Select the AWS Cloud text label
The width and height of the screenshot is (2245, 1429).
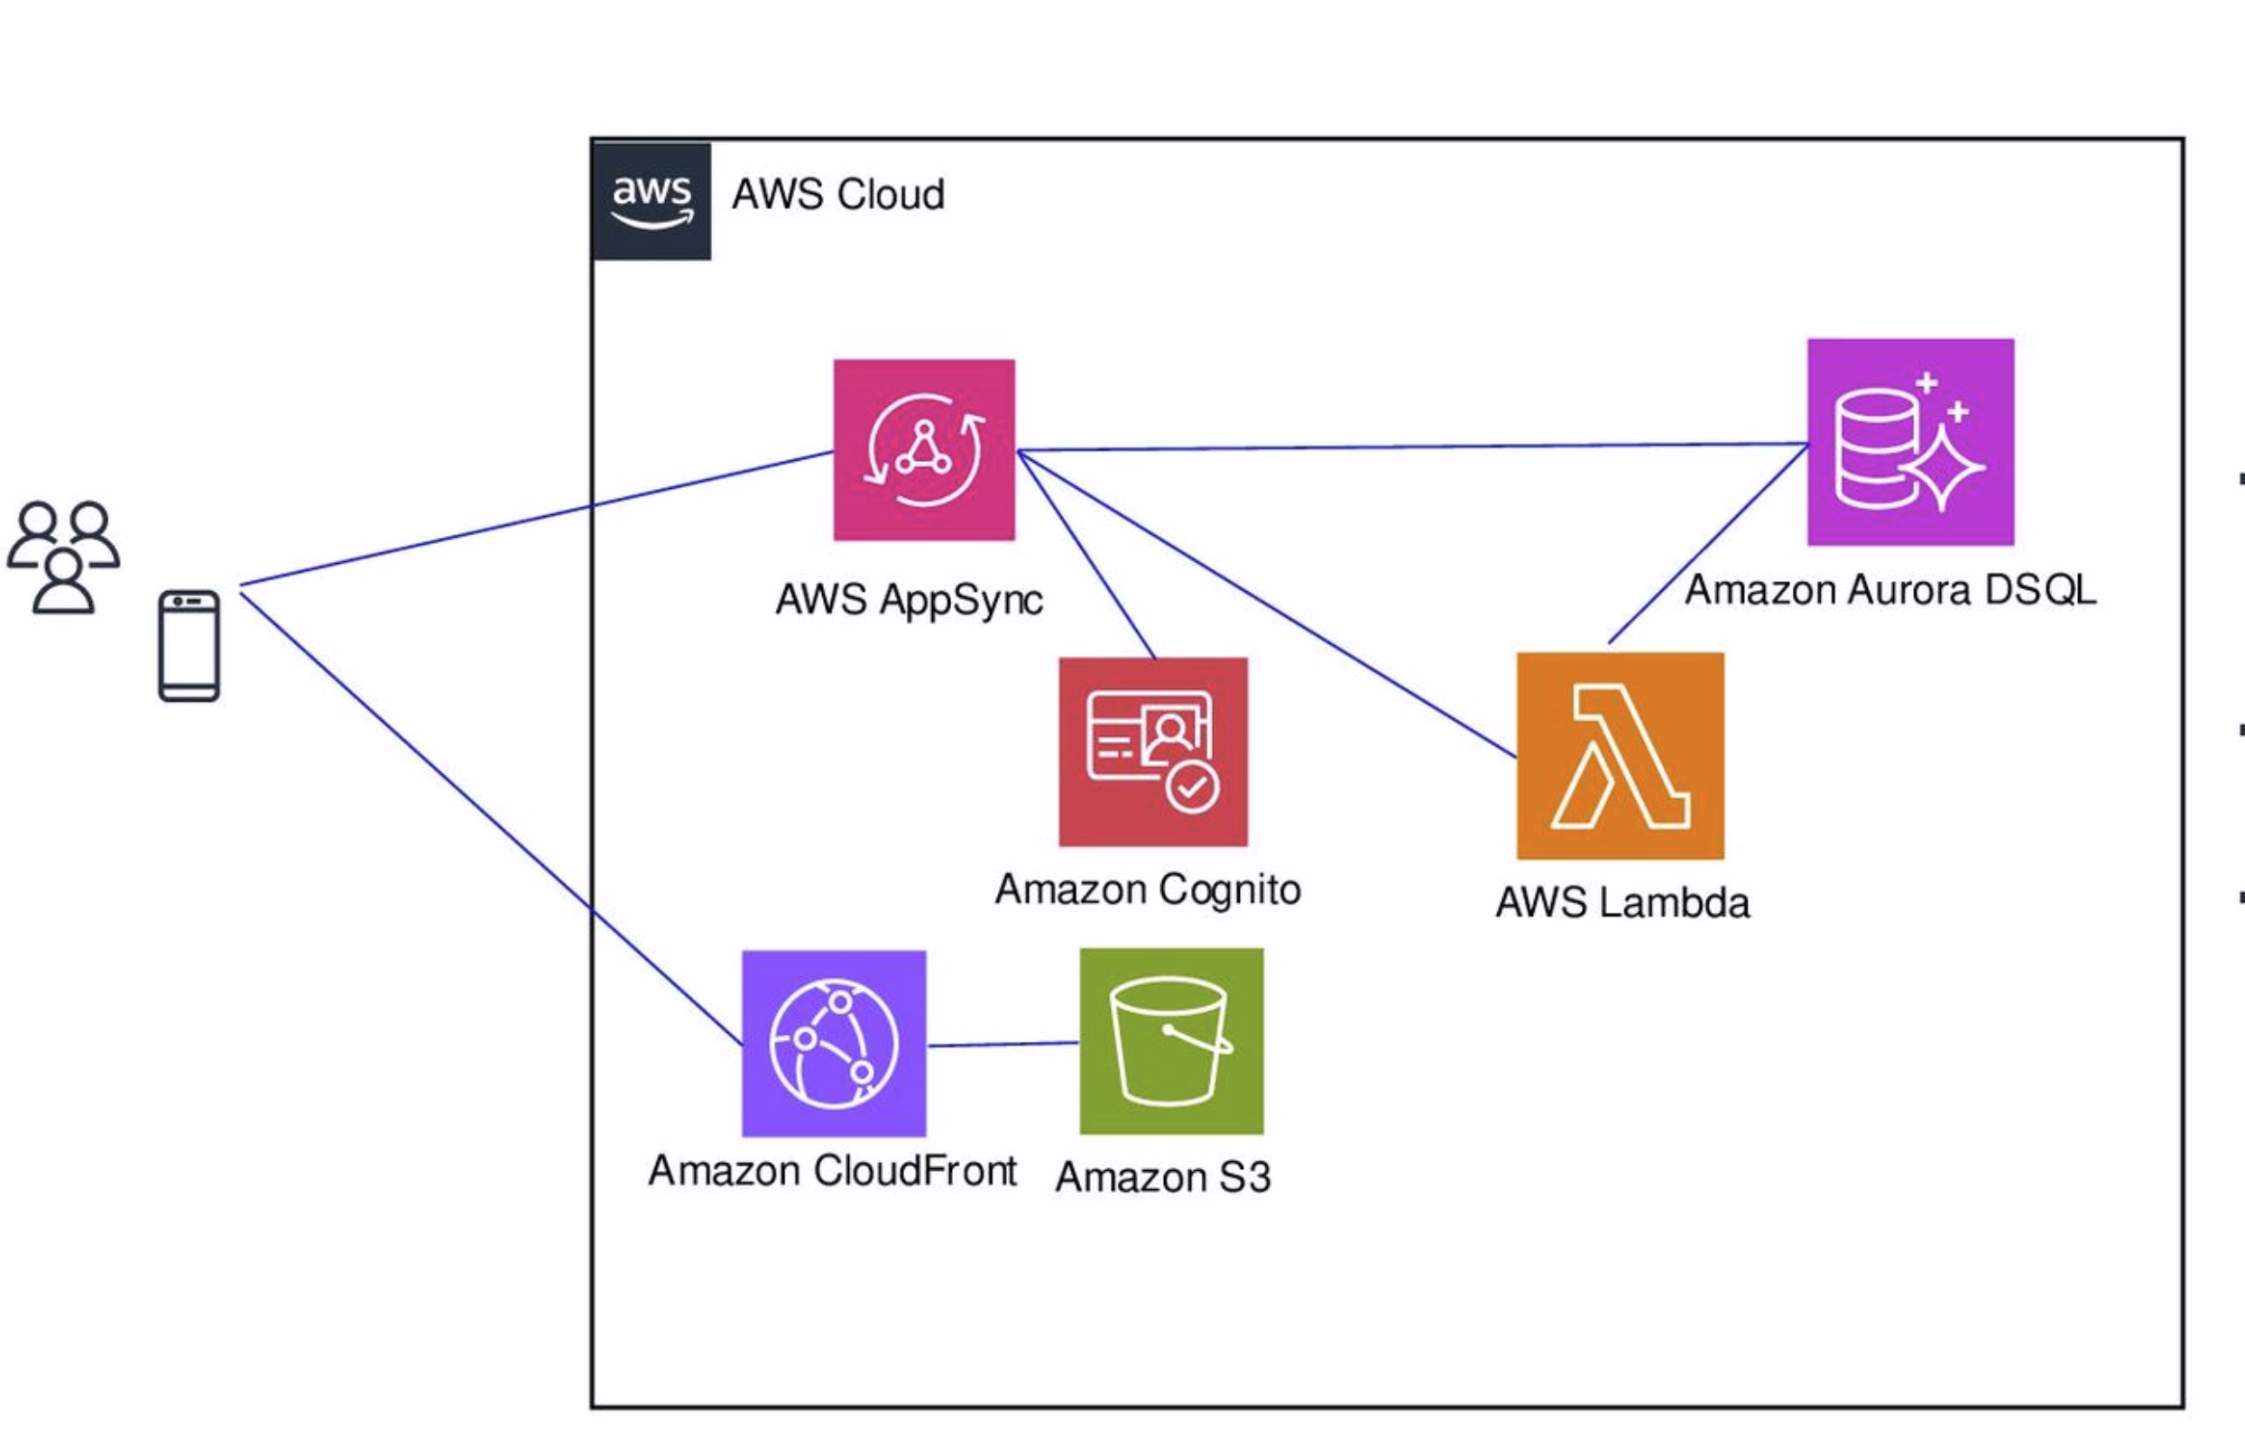pos(837,195)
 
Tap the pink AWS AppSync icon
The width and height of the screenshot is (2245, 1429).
pos(923,449)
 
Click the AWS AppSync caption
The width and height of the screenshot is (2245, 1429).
pos(909,599)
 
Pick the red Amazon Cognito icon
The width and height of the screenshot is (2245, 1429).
pos(1152,751)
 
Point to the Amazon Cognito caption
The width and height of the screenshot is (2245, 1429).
pos(1148,890)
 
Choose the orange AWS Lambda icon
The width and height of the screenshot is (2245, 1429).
pos(1620,755)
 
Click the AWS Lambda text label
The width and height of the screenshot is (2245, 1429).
pos(1622,902)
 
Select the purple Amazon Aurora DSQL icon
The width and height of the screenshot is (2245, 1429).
pos(1910,442)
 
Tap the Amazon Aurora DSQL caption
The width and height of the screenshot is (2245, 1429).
pos(1889,590)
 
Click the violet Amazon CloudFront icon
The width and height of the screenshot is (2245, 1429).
pos(834,1043)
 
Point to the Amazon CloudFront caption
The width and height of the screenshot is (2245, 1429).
pos(832,1171)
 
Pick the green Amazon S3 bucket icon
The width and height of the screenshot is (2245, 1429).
pos(1171,1041)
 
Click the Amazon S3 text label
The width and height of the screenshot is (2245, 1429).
pos(1162,1177)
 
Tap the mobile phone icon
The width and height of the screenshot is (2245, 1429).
pos(189,645)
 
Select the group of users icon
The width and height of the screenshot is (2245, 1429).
pos(63,558)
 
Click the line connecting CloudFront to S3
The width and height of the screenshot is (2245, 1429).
pos(1002,1044)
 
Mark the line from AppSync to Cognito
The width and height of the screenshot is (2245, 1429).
pos(1086,555)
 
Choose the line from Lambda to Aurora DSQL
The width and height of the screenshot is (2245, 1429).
pos(1708,544)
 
